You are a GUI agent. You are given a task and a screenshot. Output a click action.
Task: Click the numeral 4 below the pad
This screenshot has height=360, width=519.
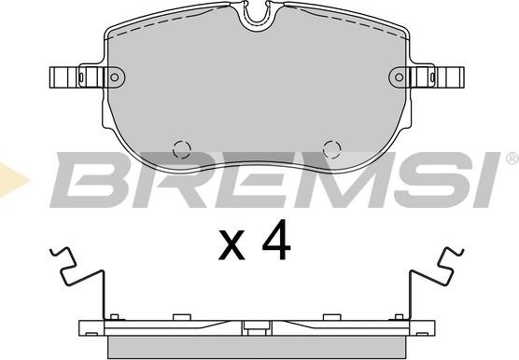point(276,240)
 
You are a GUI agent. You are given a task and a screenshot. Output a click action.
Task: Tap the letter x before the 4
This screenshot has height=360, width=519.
point(231,245)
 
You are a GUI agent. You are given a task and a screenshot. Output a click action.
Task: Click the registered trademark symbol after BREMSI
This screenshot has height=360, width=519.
point(512,159)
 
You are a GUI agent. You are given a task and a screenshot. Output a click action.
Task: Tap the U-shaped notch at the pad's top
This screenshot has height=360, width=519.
point(258,17)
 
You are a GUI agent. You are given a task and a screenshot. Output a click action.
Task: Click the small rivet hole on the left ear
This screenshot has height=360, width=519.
point(115,77)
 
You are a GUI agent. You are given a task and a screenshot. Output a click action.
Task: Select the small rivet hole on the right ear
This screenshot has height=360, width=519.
point(400,77)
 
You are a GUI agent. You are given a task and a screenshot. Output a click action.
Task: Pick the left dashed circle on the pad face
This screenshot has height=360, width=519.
point(182,149)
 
